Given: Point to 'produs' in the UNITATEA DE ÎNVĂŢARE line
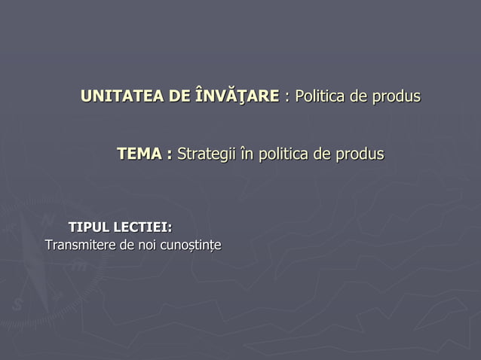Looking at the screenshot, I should tap(397, 97).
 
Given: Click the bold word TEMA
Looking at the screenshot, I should tap(140, 154).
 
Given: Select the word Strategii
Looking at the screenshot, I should tap(205, 154).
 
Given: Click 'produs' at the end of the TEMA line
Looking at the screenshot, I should tap(360, 154).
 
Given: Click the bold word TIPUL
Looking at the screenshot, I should tap(89, 227).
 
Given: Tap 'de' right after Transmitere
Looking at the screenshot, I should tap(117, 246).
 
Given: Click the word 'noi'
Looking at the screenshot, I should tap(138, 246).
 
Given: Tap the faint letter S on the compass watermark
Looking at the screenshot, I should tap(17, 305).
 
